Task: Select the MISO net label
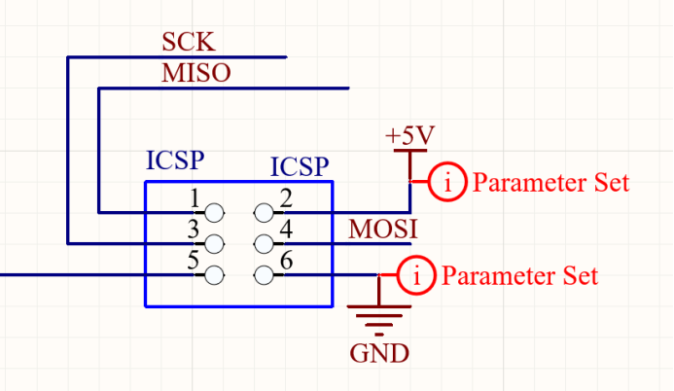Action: (x=196, y=74)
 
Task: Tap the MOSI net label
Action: (x=383, y=230)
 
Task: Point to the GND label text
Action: (x=379, y=352)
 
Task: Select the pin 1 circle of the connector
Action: (x=213, y=211)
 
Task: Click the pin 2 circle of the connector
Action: (x=263, y=211)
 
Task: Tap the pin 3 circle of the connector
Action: (x=213, y=242)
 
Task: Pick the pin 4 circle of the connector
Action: (x=263, y=242)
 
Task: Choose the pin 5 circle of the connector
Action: (x=213, y=275)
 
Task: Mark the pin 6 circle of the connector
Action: (x=263, y=275)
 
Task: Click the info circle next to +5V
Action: (x=447, y=181)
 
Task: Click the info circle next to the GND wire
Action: (x=417, y=275)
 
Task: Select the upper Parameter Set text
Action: (x=550, y=182)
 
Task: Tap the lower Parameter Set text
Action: (x=520, y=276)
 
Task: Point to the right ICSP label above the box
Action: (x=300, y=167)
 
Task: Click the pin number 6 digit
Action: (x=286, y=262)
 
